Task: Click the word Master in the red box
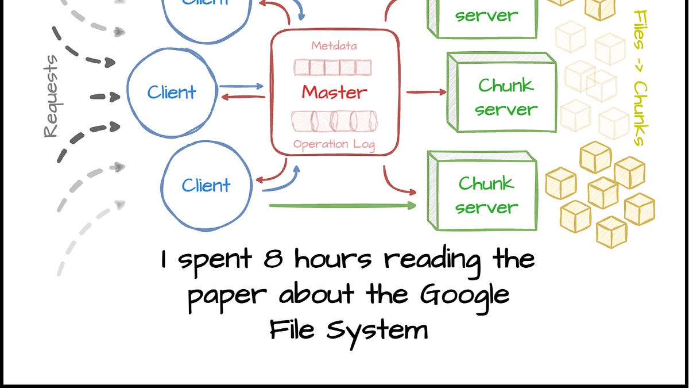click(334, 92)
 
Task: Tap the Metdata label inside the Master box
click(334, 45)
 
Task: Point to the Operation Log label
click(334, 144)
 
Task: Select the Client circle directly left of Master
click(172, 92)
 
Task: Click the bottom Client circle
click(206, 185)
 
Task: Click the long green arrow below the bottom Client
click(342, 205)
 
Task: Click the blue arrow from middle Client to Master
click(241, 86)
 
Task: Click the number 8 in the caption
click(273, 260)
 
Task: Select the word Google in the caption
click(465, 295)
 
